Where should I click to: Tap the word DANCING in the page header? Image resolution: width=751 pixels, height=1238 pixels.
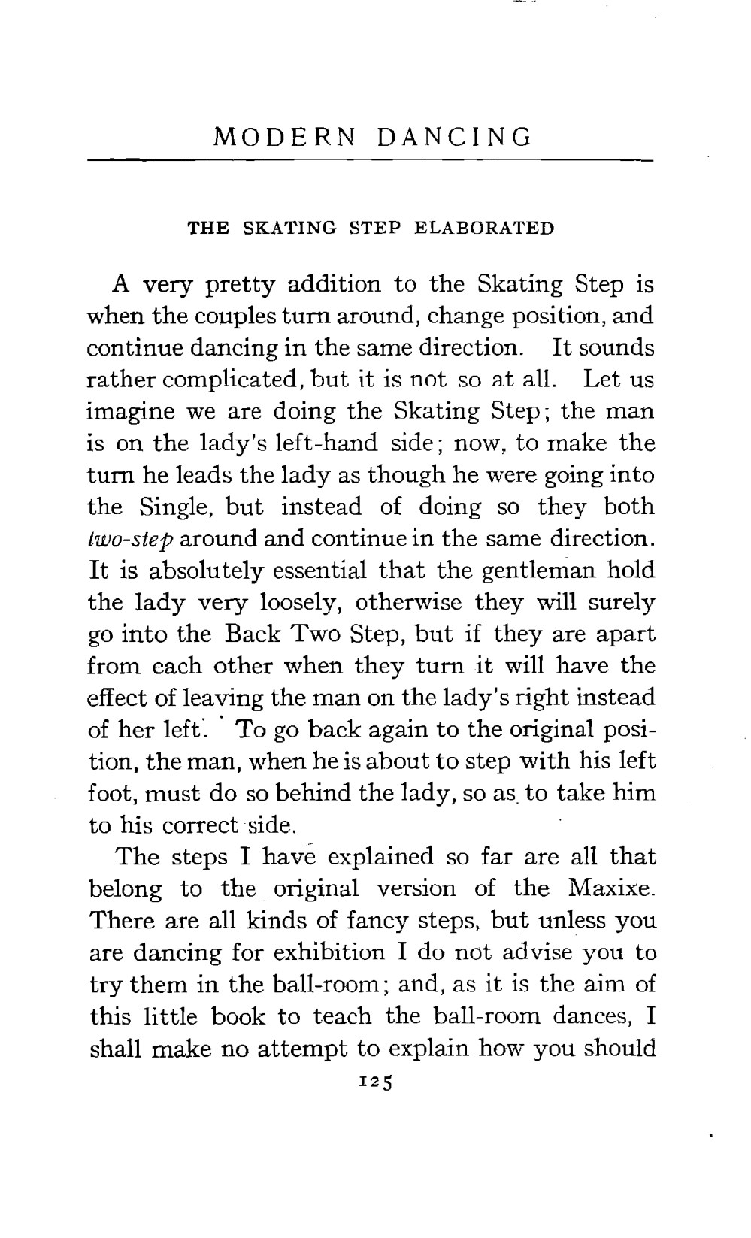click(456, 138)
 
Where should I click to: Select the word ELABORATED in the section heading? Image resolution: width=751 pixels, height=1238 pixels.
click(484, 228)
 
